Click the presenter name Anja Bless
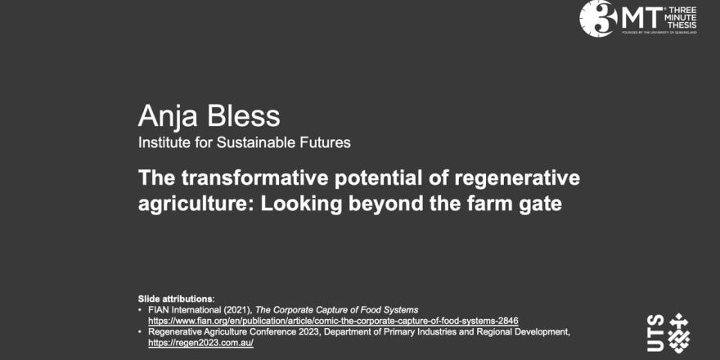209,116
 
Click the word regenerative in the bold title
516,179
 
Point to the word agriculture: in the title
196,205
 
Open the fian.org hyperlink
333,320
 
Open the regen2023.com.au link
200,343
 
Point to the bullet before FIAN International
140,309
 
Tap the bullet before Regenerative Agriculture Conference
140,332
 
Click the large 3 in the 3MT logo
598,18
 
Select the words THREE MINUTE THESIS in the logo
682,18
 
